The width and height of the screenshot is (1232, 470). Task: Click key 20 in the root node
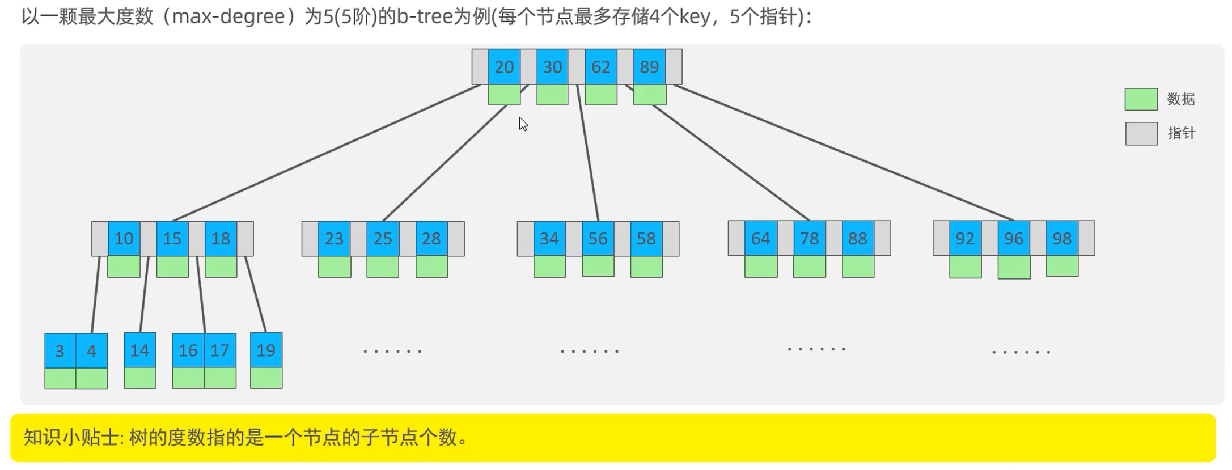(x=504, y=67)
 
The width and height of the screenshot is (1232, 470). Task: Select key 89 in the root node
(x=649, y=67)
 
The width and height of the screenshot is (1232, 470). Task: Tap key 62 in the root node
(x=601, y=67)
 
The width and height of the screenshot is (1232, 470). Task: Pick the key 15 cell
(x=172, y=238)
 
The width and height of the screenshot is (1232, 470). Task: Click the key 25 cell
(x=383, y=238)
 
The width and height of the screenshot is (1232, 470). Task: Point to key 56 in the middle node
(x=598, y=238)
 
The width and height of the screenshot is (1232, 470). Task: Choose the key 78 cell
(x=809, y=238)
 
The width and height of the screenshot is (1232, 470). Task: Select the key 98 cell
(x=1062, y=238)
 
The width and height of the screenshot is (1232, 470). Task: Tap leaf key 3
(x=60, y=351)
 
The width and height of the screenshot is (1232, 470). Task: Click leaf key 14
(x=139, y=350)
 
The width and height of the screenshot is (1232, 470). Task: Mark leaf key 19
(x=266, y=350)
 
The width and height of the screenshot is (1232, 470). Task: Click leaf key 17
(x=220, y=350)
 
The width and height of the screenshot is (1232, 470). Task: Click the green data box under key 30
(x=552, y=95)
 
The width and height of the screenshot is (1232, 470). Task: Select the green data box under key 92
(x=965, y=266)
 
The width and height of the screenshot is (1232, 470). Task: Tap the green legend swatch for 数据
(x=1141, y=99)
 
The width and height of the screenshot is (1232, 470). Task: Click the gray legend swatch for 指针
(x=1141, y=134)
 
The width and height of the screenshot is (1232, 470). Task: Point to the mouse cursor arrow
(x=523, y=124)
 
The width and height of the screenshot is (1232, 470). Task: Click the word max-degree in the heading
(x=228, y=16)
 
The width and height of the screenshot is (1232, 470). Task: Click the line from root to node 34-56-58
(x=588, y=153)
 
